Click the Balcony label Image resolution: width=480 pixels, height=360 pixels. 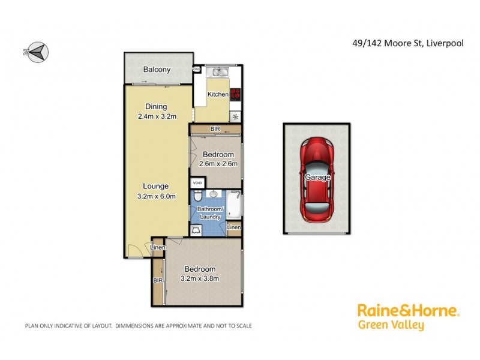pyautogui.click(x=157, y=70)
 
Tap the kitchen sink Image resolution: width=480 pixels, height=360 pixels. pyautogui.click(x=217, y=73)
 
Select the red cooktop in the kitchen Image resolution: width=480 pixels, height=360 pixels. pyautogui.click(x=235, y=94)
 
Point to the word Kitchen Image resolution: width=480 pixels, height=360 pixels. pyautogui.click(x=218, y=94)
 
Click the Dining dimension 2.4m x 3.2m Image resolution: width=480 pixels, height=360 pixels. pyautogui.click(x=157, y=116)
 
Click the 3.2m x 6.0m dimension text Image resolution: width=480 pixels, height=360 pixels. pyautogui.click(x=156, y=196)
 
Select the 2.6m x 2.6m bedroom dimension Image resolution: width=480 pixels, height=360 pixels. pyautogui.click(x=218, y=164)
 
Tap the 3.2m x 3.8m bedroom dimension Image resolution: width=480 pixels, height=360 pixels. pyautogui.click(x=200, y=278)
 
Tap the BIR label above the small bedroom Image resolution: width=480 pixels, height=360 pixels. pyautogui.click(x=215, y=129)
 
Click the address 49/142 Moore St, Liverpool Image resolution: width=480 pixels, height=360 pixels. pyautogui.click(x=407, y=43)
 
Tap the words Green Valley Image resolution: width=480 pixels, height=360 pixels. pyautogui.click(x=391, y=326)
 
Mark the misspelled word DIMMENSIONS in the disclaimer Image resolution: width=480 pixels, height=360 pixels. pyautogui.click(x=139, y=326)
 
